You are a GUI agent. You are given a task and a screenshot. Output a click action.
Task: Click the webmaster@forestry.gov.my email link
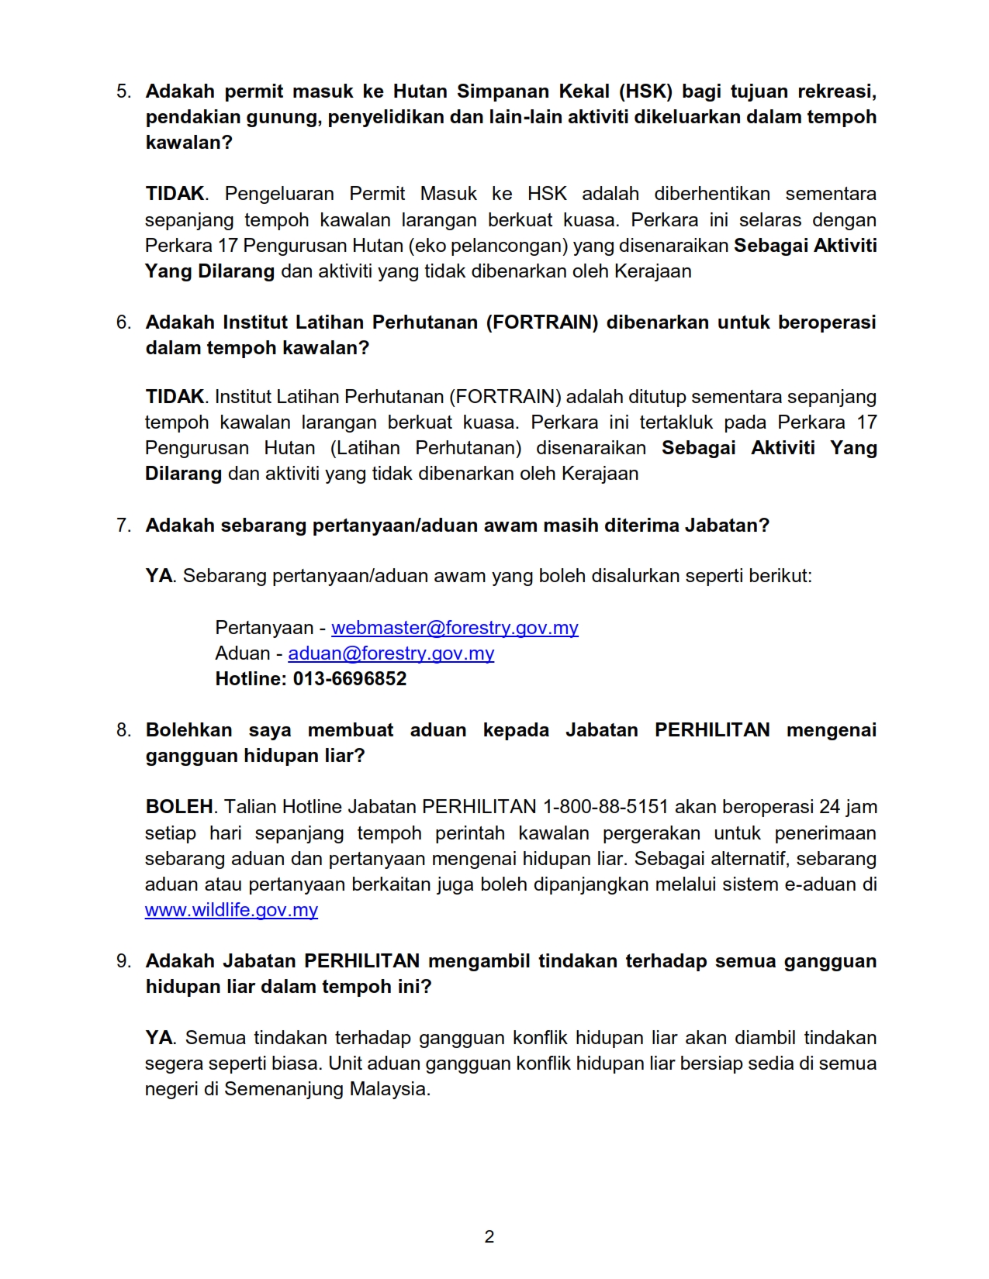pyautogui.click(x=455, y=628)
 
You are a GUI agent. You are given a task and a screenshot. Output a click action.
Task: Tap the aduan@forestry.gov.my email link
pyautogui.click(x=391, y=653)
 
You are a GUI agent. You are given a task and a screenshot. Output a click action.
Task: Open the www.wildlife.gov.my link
pyautogui.click(x=231, y=910)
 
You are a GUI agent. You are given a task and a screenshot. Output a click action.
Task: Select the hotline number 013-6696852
pyautogui.click(x=350, y=679)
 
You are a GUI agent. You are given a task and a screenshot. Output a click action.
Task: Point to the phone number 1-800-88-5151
pyautogui.click(x=605, y=807)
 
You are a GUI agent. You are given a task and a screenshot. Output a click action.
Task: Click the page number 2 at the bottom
pyautogui.click(x=489, y=1236)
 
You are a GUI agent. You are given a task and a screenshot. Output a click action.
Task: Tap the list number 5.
pyautogui.click(x=124, y=91)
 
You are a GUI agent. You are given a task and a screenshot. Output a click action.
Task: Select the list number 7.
pyautogui.click(x=124, y=526)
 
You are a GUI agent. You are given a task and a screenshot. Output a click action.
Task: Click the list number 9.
pyautogui.click(x=124, y=961)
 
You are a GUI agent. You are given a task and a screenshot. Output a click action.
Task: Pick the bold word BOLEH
pyautogui.click(x=179, y=807)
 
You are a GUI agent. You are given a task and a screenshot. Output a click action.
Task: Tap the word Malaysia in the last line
pyautogui.click(x=389, y=1089)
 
